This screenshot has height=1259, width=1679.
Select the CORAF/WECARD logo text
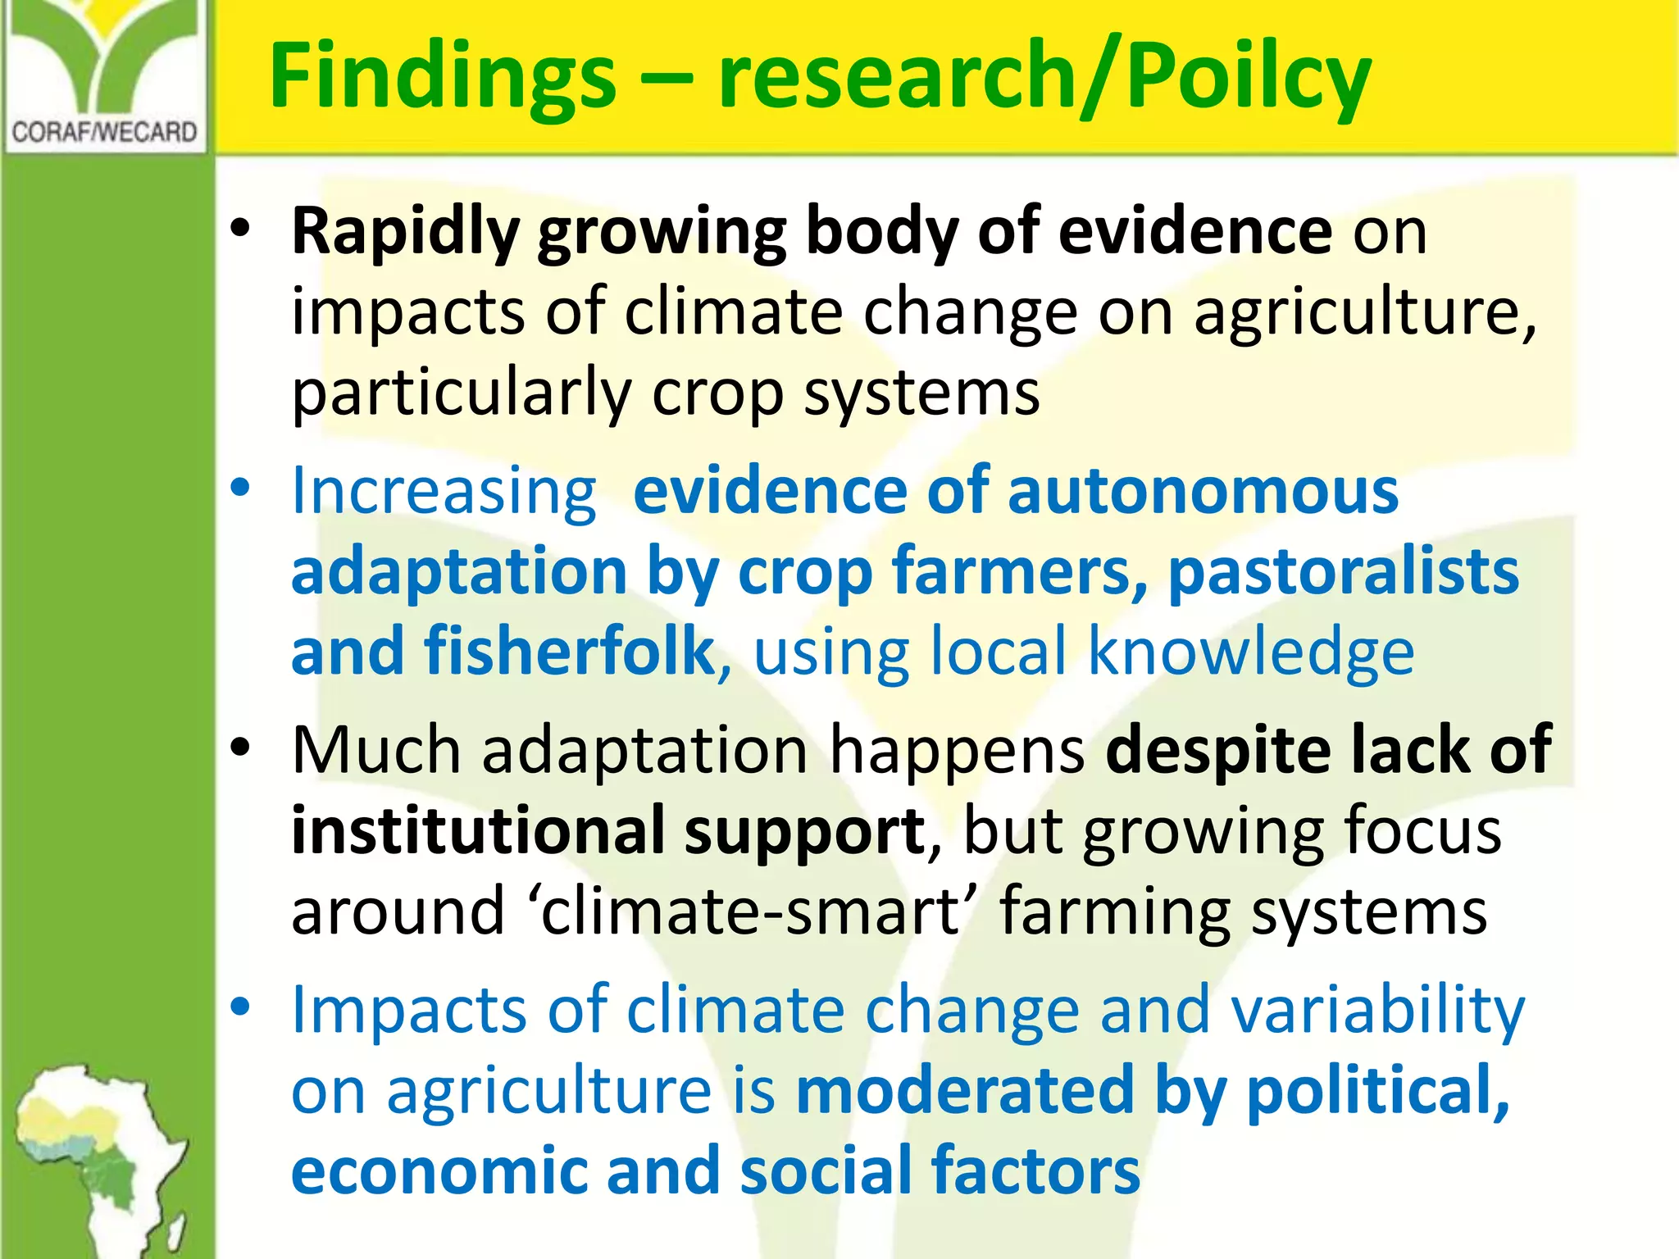coord(105,132)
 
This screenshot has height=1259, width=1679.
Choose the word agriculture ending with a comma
coord(1364,313)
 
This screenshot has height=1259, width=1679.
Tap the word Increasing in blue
coord(444,492)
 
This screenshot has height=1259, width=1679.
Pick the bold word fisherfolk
coord(569,652)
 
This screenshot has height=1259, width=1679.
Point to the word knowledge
coord(1251,652)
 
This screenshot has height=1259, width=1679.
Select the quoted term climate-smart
coord(751,911)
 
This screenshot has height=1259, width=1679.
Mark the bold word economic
coord(439,1170)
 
